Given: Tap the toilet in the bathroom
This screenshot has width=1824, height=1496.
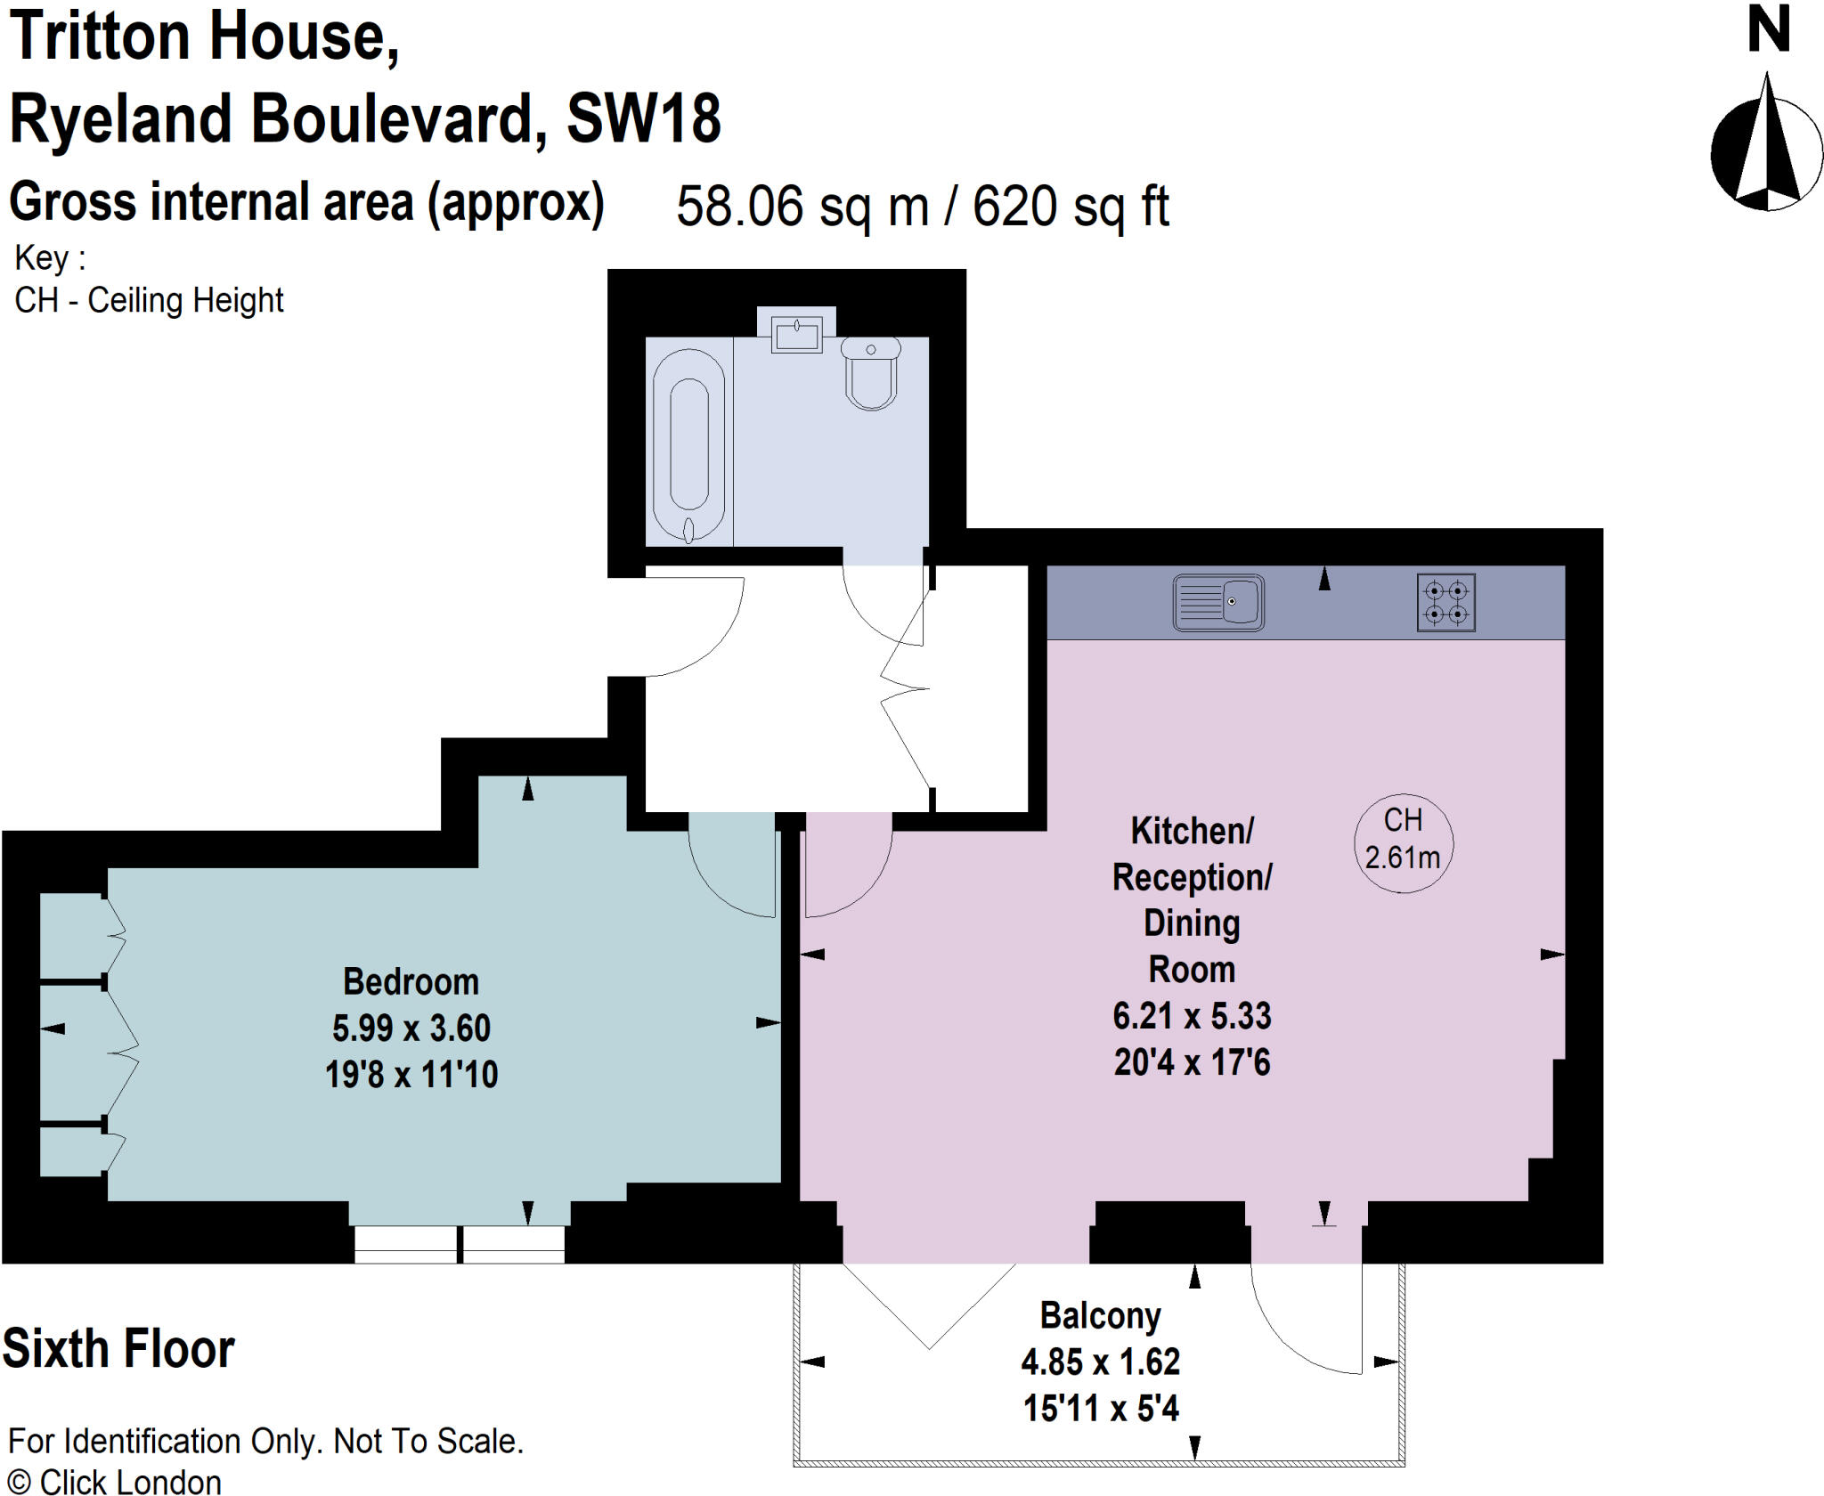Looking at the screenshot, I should click(x=871, y=374).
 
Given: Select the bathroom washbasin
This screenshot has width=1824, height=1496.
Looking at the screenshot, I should click(x=796, y=336).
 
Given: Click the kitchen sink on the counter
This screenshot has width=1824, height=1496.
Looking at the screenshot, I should click(x=1218, y=603).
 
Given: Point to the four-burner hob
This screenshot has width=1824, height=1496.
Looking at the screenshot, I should click(x=1445, y=603).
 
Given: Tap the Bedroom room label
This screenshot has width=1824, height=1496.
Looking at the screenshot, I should click(x=411, y=981).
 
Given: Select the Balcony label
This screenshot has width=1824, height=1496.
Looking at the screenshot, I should click(x=1101, y=1315).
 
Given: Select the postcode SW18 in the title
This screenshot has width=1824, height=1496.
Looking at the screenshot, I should click(x=643, y=118).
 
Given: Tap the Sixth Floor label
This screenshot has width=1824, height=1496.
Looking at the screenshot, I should click(x=118, y=1348).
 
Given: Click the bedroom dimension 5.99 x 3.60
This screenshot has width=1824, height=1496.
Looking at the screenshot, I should click(x=411, y=1028).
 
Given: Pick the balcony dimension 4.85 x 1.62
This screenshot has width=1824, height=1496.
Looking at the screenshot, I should click(x=1101, y=1362).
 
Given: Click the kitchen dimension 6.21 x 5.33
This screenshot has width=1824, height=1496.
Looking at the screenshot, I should click(x=1192, y=1016).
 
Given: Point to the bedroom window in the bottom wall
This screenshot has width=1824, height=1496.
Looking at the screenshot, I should click(x=459, y=1244).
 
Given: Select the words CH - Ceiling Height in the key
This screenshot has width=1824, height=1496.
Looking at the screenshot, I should click(x=149, y=300).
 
